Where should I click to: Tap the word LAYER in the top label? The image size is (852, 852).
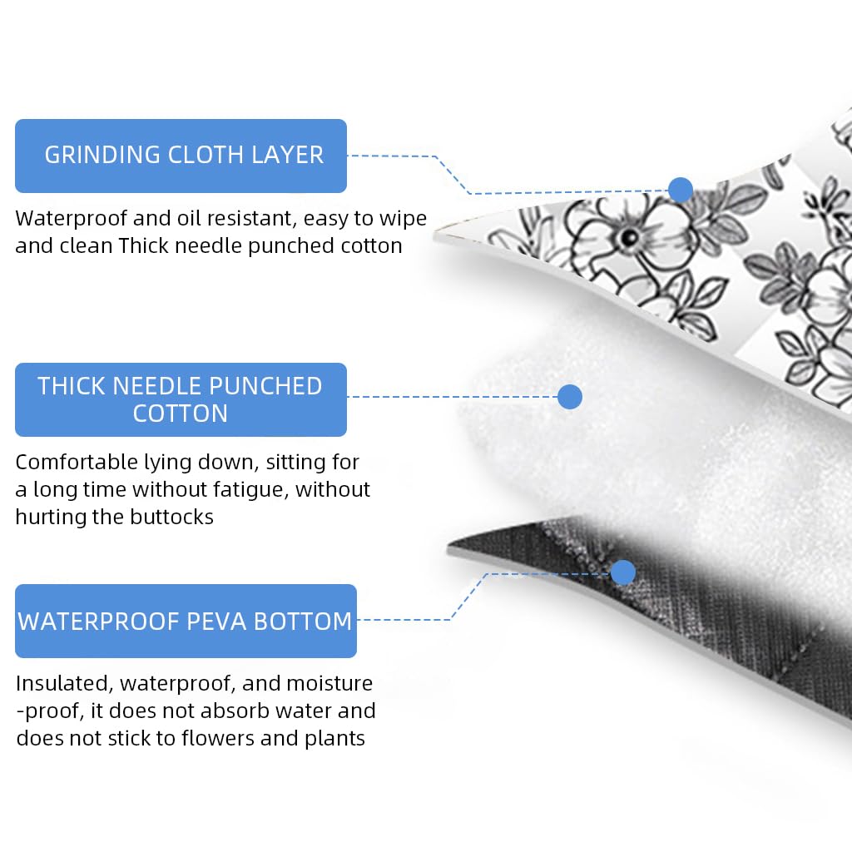tap(287, 155)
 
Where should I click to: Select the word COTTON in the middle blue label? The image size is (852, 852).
tap(181, 414)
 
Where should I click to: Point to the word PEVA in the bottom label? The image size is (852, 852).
tap(215, 622)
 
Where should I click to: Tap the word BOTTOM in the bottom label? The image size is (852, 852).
tap(303, 622)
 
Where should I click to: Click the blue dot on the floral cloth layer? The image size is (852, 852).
tap(681, 190)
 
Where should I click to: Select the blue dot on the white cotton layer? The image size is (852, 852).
tap(570, 397)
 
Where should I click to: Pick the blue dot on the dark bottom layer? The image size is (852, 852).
tap(622, 572)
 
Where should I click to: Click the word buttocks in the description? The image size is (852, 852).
tap(171, 517)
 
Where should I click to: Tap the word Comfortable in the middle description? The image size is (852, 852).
tap(77, 462)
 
